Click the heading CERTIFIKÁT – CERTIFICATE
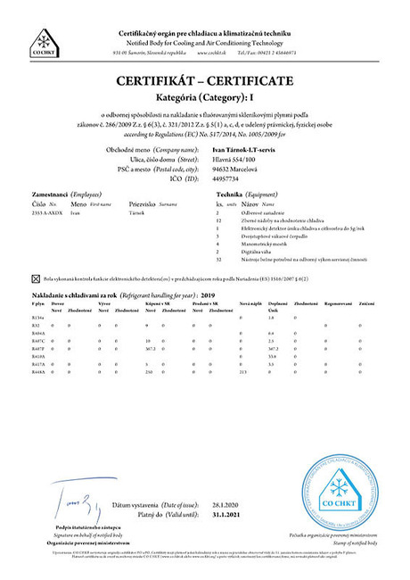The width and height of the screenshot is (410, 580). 204,81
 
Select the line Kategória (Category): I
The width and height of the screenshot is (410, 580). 204,97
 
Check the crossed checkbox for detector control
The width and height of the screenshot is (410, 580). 36,278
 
